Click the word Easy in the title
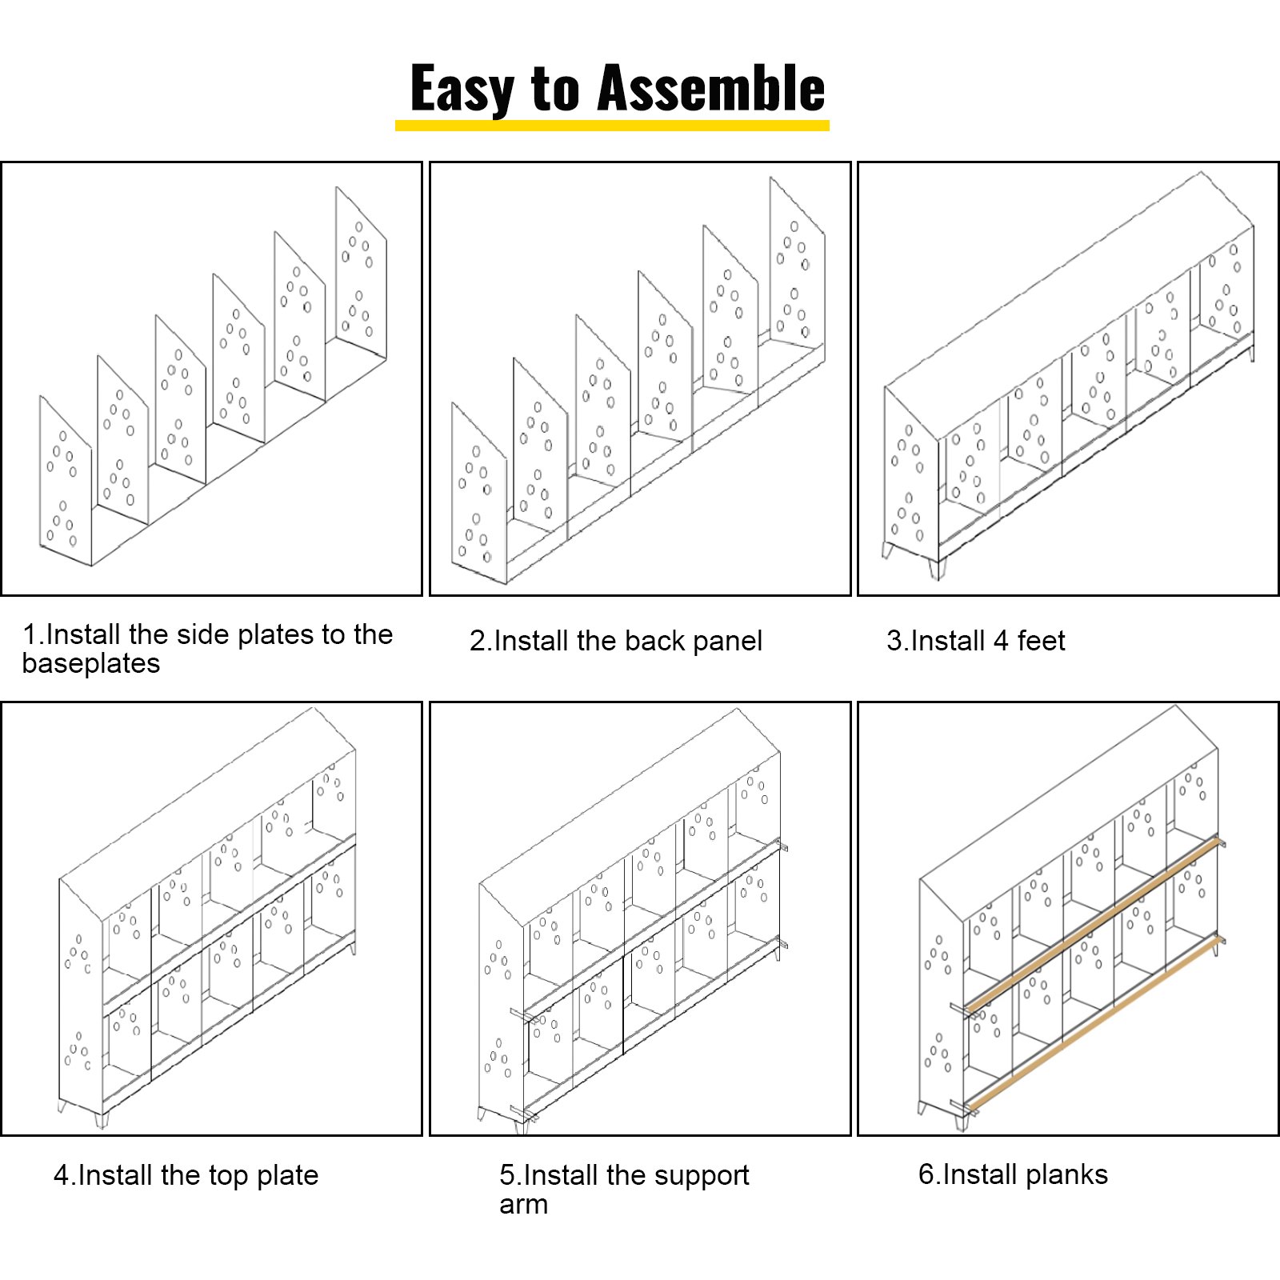click(x=462, y=89)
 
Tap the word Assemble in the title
click(x=711, y=89)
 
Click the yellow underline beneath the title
click(x=612, y=126)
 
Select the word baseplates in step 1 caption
click(x=91, y=663)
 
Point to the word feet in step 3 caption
click(x=1041, y=641)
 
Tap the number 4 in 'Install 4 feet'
click(x=1000, y=641)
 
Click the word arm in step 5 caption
click(x=523, y=1204)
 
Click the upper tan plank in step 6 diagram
click(x=1096, y=920)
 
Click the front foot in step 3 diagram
click(x=937, y=568)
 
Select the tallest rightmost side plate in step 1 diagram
click(x=361, y=276)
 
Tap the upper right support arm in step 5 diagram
click(x=782, y=846)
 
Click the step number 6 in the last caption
click(x=926, y=1174)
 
